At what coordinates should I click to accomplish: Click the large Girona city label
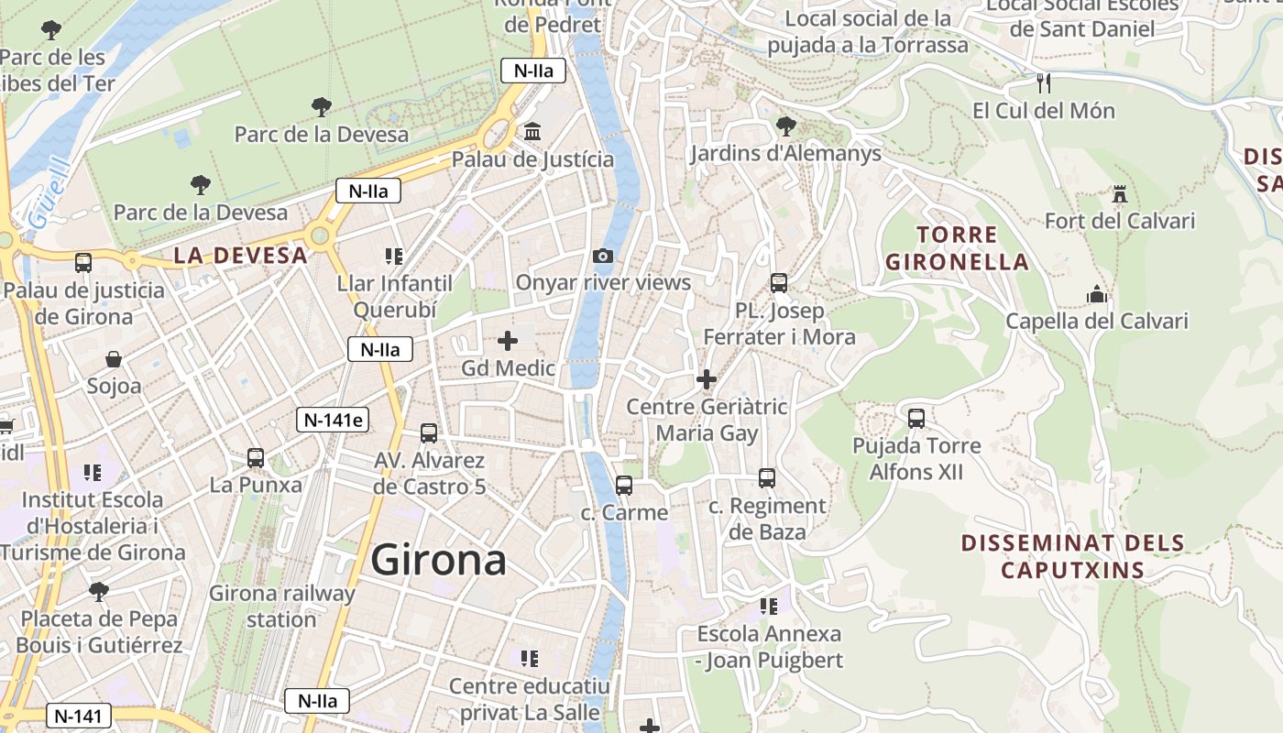pos(438,560)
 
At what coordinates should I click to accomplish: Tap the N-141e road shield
pos(334,420)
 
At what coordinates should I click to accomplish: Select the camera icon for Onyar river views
pos(603,256)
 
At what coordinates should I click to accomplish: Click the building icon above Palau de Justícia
pos(532,133)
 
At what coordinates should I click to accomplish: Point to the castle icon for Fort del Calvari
pos(1119,194)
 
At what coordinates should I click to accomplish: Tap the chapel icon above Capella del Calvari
pos(1097,294)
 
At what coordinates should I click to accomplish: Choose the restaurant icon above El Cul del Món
pos(1043,83)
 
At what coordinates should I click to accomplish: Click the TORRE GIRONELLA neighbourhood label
pos(957,248)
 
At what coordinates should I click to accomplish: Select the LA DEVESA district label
pos(240,256)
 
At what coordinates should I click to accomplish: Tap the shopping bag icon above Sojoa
pos(114,358)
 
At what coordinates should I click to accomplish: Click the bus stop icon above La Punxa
pos(256,457)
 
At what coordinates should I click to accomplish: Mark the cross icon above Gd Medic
pos(508,342)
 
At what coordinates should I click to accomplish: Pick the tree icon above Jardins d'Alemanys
pos(785,126)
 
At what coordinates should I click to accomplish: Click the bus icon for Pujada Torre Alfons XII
pos(916,419)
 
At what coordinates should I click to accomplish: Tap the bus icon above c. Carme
pos(624,485)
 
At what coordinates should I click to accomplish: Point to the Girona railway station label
pos(281,606)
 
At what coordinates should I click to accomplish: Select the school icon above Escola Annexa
pos(769,606)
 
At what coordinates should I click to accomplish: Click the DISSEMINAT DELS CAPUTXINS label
pos(1072,556)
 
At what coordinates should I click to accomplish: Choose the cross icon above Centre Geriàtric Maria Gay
pos(707,378)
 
